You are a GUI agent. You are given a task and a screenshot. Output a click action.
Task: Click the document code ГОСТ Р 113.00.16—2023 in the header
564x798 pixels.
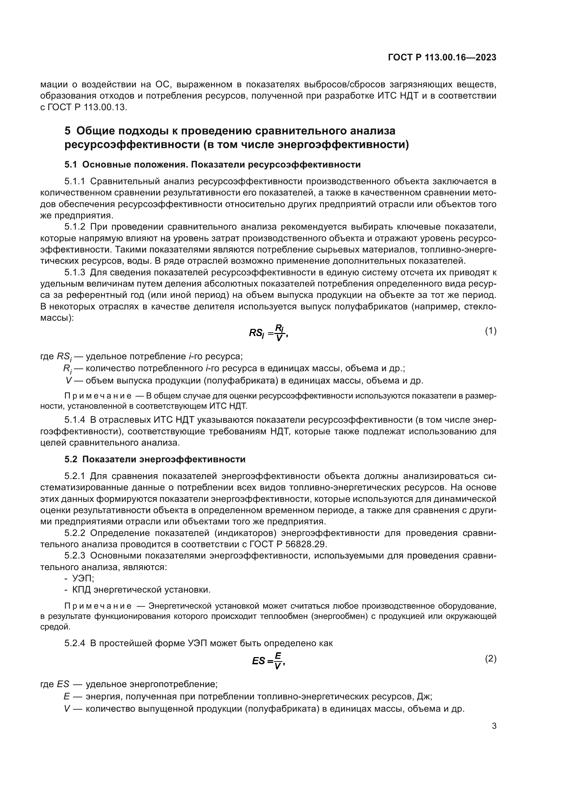click(x=442, y=58)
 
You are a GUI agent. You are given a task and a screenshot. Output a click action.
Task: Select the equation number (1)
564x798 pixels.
click(x=490, y=331)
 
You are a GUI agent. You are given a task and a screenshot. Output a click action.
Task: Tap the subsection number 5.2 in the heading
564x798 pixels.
click(x=71, y=460)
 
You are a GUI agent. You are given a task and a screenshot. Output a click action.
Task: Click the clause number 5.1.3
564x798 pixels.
click(x=75, y=273)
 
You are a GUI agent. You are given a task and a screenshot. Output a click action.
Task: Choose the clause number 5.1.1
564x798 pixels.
click(x=75, y=181)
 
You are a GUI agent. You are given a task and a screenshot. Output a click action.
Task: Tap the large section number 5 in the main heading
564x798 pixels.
click(x=68, y=131)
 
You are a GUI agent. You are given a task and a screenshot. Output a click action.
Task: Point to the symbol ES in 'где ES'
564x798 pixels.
click(x=63, y=684)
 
